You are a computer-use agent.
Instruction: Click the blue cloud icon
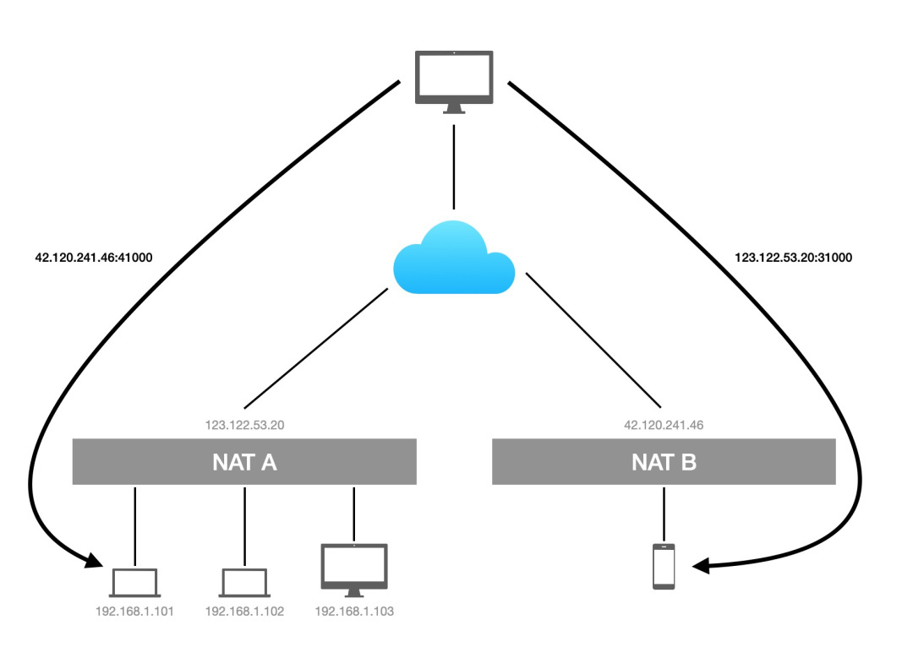pyautogui.click(x=454, y=258)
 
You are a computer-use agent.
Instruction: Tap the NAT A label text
pyautogui.click(x=244, y=462)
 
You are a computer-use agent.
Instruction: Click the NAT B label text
pyautogui.click(x=664, y=462)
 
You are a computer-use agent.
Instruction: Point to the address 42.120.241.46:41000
pyautogui.click(x=94, y=258)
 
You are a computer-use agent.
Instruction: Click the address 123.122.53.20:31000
pyautogui.click(x=793, y=258)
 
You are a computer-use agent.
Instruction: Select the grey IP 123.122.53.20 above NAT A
pyautogui.click(x=244, y=425)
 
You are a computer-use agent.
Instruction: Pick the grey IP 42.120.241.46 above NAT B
pyautogui.click(x=664, y=425)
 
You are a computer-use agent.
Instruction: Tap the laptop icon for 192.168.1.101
pyautogui.click(x=134, y=583)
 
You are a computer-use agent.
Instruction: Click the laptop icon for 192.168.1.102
pyautogui.click(x=244, y=583)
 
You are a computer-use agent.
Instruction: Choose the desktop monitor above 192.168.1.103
pyautogui.click(x=354, y=567)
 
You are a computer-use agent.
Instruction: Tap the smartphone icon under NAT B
pyautogui.click(x=664, y=566)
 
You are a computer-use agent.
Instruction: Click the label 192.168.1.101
pyautogui.click(x=134, y=611)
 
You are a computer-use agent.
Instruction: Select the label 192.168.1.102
pyautogui.click(x=244, y=611)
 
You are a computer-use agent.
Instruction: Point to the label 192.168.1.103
pyautogui.click(x=354, y=611)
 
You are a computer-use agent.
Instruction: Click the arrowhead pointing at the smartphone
pyautogui.click(x=701, y=567)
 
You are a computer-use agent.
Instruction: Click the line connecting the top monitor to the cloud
pyautogui.click(x=454, y=167)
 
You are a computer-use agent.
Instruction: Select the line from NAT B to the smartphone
pyautogui.click(x=664, y=512)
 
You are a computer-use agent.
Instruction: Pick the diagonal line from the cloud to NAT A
pyautogui.click(x=314, y=348)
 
